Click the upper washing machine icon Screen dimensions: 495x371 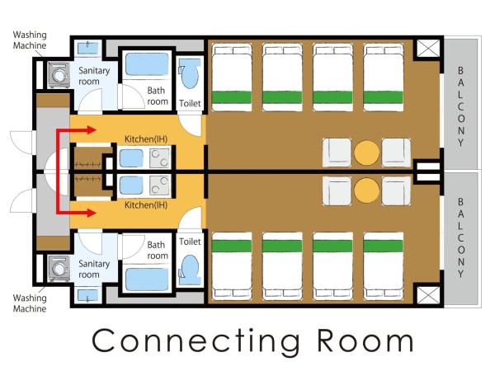click(x=59, y=75)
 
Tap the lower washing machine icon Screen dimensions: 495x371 click(x=59, y=269)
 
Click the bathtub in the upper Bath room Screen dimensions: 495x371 click(x=147, y=64)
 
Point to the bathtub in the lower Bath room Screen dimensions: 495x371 click(x=147, y=279)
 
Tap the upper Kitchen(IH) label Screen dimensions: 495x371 click(x=146, y=139)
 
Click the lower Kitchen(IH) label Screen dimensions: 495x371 click(x=146, y=205)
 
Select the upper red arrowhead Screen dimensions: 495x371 click(x=92, y=129)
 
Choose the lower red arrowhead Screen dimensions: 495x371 click(x=92, y=213)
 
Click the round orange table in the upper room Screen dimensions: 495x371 click(x=366, y=153)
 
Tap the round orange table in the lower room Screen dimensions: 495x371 click(x=366, y=190)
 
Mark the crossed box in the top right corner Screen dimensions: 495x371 click(x=428, y=49)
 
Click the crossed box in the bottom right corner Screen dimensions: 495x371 click(x=428, y=295)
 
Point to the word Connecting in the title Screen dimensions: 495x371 click(x=196, y=341)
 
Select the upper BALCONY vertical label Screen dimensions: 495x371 click(x=461, y=106)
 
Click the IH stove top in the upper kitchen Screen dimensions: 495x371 click(x=160, y=158)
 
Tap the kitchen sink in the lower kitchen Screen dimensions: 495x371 click(x=131, y=185)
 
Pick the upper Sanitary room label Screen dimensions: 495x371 click(x=94, y=76)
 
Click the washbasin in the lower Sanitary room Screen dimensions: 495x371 click(x=88, y=296)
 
